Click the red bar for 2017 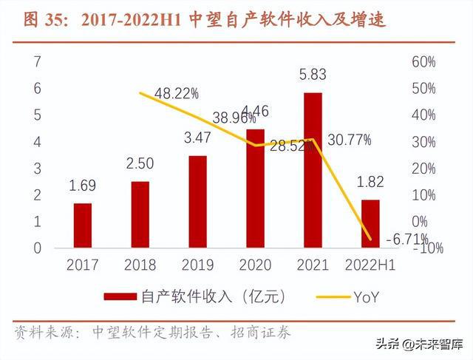[83, 225]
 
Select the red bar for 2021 [313, 171]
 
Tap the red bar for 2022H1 [370, 224]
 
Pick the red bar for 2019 [197, 202]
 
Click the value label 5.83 [313, 75]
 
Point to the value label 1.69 [83, 186]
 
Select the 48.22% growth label [177, 93]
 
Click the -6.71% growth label [406, 238]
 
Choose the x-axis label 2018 [140, 265]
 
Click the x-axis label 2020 [255, 265]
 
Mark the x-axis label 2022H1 [370, 265]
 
